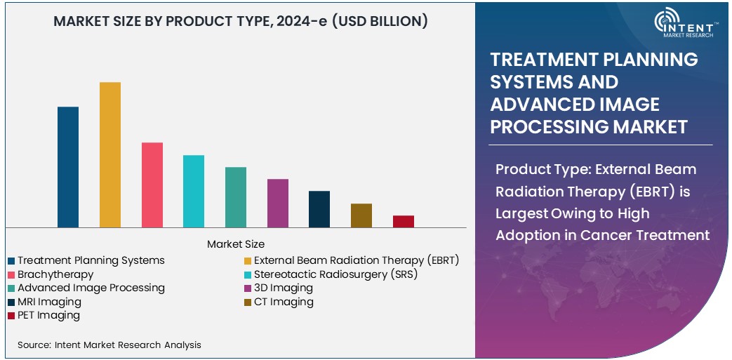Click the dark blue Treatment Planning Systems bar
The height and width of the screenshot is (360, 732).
pyautogui.click(x=68, y=167)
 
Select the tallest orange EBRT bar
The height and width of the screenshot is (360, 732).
pyautogui.click(x=110, y=154)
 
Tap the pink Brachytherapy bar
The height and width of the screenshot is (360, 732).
pyautogui.click(x=152, y=185)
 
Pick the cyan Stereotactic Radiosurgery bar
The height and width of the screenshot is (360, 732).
pyautogui.click(x=194, y=191)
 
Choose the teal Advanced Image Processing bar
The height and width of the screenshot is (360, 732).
pyautogui.click(x=236, y=197)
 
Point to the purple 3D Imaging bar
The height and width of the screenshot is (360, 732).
pyautogui.click(x=278, y=203)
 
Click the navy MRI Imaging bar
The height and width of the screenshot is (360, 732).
pyautogui.click(x=319, y=209)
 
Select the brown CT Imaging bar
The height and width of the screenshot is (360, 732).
pyautogui.click(x=361, y=215)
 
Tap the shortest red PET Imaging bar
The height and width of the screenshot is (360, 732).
pyautogui.click(x=404, y=221)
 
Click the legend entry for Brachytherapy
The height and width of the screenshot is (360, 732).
pyautogui.click(x=55, y=274)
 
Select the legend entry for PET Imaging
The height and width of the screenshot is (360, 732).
pyautogui.click(x=48, y=315)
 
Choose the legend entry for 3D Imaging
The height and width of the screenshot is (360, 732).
pyautogui.click(x=283, y=288)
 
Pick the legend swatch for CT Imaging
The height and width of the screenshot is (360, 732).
pyautogui.click(x=248, y=302)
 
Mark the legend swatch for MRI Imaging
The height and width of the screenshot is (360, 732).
pyautogui.click(x=12, y=302)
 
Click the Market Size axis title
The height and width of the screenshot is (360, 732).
pyautogui.click(x=236, y=244)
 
